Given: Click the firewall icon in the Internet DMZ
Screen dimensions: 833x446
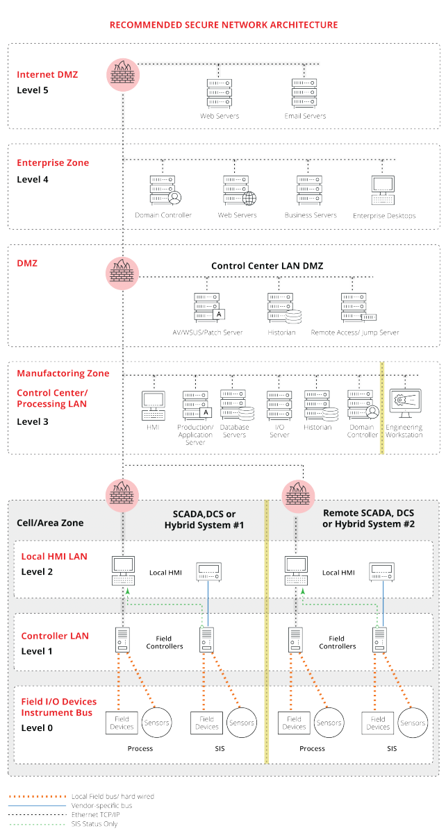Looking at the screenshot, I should click(123, 72).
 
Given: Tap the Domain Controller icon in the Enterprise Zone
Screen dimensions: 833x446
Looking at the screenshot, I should click(162, 190).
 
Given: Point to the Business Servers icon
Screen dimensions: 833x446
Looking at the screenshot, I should click(310, 189).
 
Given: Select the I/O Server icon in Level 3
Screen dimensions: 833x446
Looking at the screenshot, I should click(279, 405).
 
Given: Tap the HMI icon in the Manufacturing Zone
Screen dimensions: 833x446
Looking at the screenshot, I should click(153, 405).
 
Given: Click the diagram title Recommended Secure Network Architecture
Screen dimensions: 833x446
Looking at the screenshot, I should click(223, 25).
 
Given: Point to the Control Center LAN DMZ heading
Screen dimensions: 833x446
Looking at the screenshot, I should click(267, 266).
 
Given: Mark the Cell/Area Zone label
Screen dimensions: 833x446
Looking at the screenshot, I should click(49, 523).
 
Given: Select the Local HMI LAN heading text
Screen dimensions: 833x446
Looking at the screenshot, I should click(54, 557).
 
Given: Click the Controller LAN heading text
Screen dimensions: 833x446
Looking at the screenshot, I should click(55, 636).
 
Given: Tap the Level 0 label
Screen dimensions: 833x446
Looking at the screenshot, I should click(36, 727).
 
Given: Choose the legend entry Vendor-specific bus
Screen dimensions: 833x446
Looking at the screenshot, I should click(101, 805).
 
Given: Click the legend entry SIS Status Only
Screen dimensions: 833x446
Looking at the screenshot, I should click(95, 823).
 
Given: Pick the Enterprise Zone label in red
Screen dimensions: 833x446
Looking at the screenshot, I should click(53, 163).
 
